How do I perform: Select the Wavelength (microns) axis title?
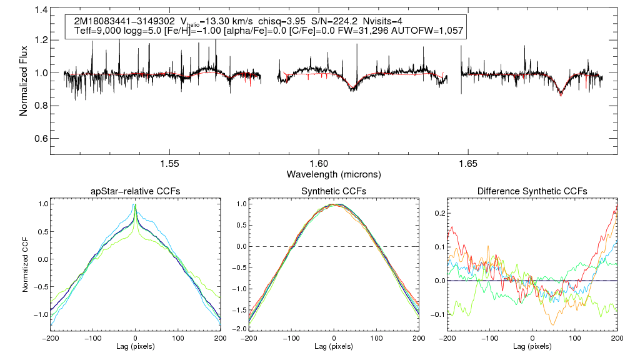(x=334, y=174)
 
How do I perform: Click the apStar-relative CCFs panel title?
(x=134, y=191)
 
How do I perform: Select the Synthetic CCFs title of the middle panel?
(x=334, y=191)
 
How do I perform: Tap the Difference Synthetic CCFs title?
(x=532, y=191)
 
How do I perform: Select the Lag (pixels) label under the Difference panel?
(x=532, y=346)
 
